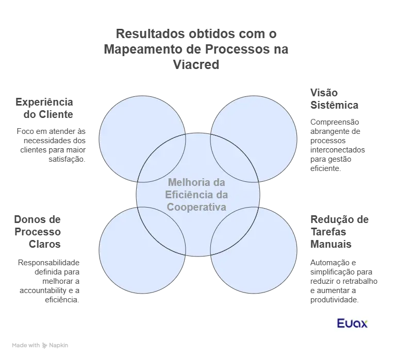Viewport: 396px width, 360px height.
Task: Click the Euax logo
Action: pyautogui.click(x=354, y=325)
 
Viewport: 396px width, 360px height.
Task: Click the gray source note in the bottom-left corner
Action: pyautogui.click(x=41, y=346)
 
